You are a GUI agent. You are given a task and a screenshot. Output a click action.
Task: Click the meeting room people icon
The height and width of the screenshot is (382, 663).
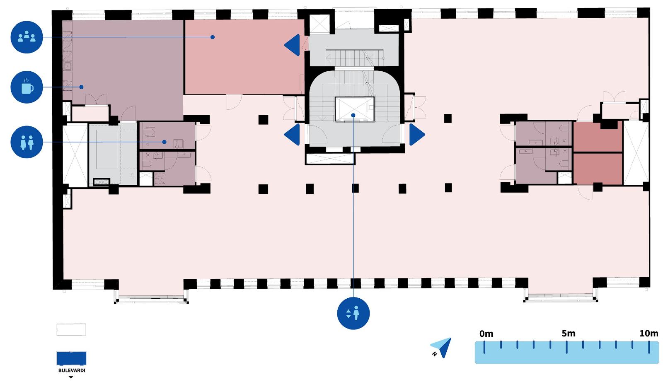(27, 37)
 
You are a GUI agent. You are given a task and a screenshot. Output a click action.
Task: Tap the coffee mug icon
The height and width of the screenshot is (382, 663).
(27, 87)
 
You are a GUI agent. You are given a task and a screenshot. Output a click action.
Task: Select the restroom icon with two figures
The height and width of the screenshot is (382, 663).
(27, 142)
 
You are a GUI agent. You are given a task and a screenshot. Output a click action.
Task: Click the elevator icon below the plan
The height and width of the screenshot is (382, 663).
(353, 313)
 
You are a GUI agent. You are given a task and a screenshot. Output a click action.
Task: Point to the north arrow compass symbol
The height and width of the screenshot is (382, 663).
(441, 348)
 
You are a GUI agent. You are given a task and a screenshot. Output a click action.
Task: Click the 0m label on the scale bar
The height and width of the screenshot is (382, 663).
(486, 334)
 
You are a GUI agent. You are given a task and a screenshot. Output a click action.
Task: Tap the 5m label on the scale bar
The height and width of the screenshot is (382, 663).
(568, 334)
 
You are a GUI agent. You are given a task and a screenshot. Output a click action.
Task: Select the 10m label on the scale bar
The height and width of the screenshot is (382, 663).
(648, 334)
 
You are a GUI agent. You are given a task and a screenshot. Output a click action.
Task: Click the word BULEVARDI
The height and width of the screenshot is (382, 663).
(72, 370)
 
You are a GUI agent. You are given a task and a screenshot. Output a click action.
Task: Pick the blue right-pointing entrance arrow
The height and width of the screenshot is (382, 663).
(416, 134)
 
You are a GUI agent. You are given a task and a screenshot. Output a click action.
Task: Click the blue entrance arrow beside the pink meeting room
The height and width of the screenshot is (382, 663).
(293, 45)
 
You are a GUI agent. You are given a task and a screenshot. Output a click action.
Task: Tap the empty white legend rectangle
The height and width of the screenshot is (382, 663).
(71, 329)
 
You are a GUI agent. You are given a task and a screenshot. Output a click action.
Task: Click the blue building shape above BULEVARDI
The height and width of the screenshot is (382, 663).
(71, 358)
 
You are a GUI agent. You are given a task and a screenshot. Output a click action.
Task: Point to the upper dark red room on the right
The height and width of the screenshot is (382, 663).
(598, 137)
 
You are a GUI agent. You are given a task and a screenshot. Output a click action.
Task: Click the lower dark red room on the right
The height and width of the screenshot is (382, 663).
(598, 168)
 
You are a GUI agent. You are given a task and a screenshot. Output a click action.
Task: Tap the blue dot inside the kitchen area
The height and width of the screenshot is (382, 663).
(82, 87)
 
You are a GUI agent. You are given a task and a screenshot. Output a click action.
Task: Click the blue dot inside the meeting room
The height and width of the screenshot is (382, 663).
(212, 37)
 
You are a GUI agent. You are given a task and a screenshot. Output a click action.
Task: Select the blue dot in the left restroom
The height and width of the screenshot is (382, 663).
(165, 142)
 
